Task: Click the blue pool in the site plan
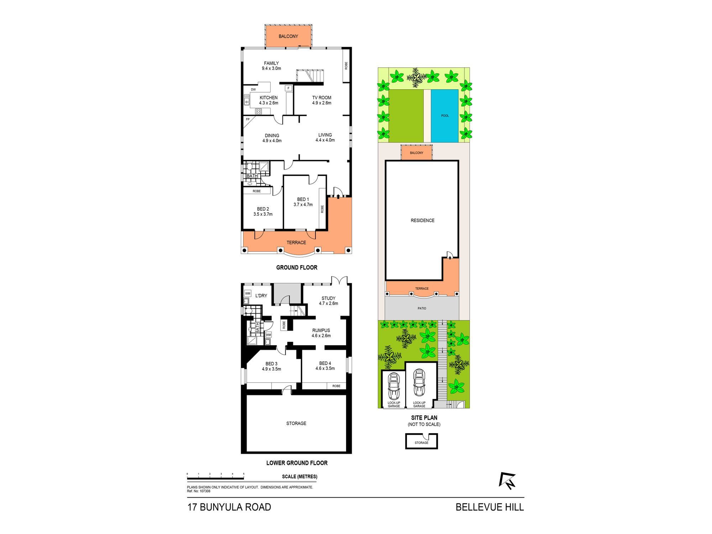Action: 444,116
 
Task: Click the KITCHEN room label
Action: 268,98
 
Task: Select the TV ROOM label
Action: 322,98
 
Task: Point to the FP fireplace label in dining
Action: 248,119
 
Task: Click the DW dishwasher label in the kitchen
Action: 253,89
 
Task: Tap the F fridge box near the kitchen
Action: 288,88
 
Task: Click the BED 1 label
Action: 303,199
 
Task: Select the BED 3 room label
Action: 271,364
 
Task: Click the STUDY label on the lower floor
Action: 328,298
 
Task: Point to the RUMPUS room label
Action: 321,330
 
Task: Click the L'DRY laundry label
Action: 261,295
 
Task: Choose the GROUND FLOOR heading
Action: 297,267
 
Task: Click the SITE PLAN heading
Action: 424,418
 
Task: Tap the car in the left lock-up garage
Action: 394,386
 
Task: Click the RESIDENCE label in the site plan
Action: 423,220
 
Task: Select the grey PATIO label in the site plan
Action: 422,308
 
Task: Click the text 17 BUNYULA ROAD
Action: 229,507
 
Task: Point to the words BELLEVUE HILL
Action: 490,507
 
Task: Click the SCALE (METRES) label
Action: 299,477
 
